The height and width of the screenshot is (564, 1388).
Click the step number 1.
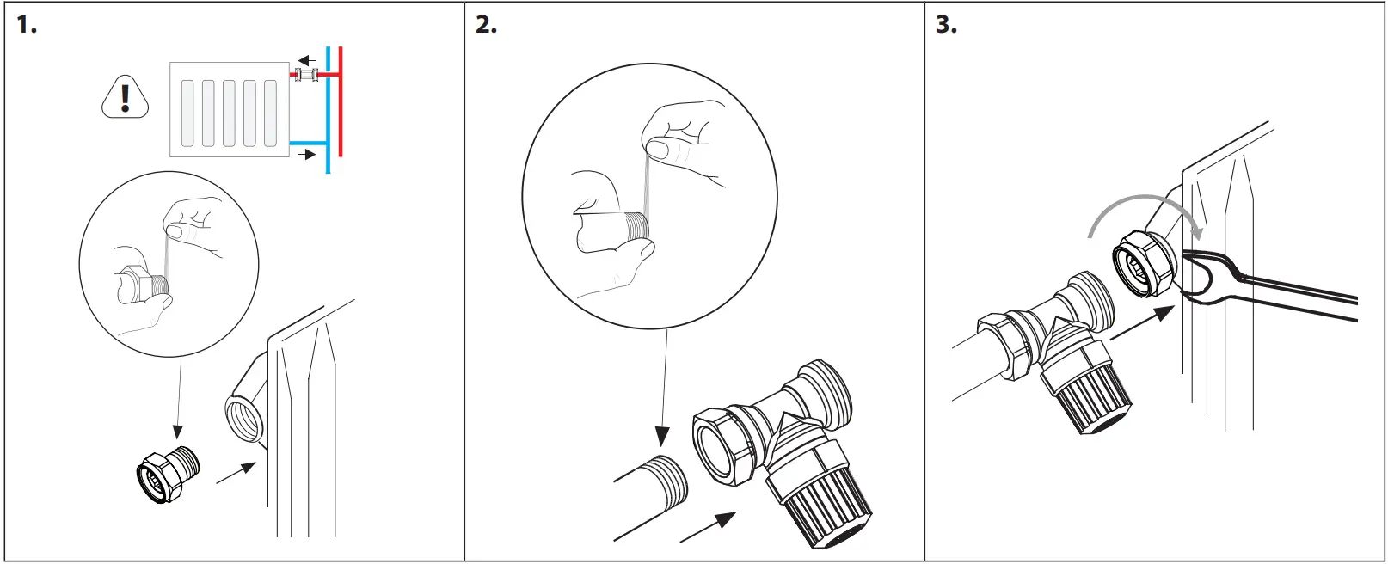(26, 25)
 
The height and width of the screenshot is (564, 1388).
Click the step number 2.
(486, 25)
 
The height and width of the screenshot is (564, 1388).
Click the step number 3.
(946, 25)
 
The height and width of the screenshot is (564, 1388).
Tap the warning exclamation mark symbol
(126, 97)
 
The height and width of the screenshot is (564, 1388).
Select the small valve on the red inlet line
(306, 76)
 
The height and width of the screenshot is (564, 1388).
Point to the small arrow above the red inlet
(307, 60)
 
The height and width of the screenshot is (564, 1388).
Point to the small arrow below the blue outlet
(306, 155)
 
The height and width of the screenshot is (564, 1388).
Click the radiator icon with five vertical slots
(229, 110)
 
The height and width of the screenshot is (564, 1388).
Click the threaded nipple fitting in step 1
(169, 473)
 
